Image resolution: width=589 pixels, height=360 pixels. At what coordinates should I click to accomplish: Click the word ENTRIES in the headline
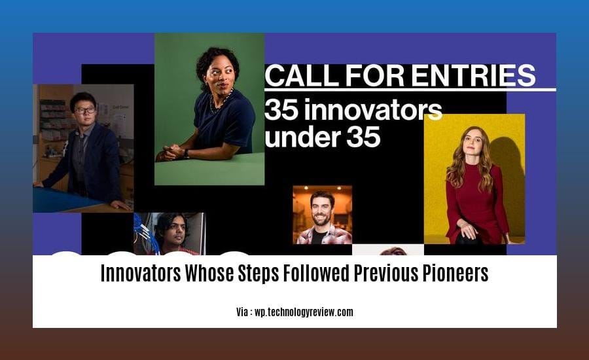pyautogui.click(x=473, y=75)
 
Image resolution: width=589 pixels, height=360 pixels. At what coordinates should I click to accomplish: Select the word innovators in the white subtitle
pyautogui.click(x=373, y=109)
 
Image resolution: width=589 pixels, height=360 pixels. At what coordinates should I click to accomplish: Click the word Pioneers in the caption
pyautogui.click(x=455, y=273)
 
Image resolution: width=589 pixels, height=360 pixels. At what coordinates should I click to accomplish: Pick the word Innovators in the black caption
pyautogui.click(x=141, y=273)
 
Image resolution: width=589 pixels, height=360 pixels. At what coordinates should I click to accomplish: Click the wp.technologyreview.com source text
pyautogui.click(x=304, y=312)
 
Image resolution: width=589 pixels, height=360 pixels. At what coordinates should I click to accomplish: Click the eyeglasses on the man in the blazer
pyautogui.click(x=85, y=111)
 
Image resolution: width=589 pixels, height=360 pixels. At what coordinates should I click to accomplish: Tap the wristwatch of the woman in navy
pyautogui.click(x=186, y=153)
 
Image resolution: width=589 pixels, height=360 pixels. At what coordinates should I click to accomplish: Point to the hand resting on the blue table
pyautogui.click(x=121, y=205)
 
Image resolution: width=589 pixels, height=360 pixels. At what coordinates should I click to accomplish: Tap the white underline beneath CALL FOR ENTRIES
pyautogui.click(x=410, y=90)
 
